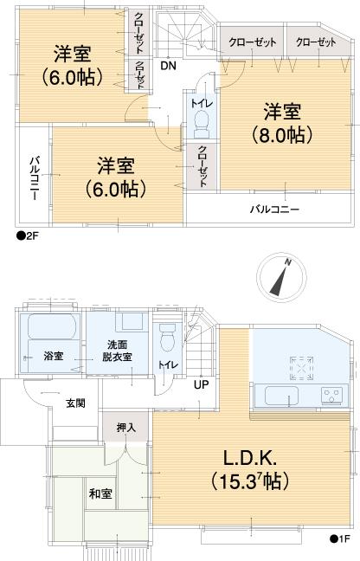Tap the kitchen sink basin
coord(279,397)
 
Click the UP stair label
coord(201,385)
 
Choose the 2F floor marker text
coord(29,235)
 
